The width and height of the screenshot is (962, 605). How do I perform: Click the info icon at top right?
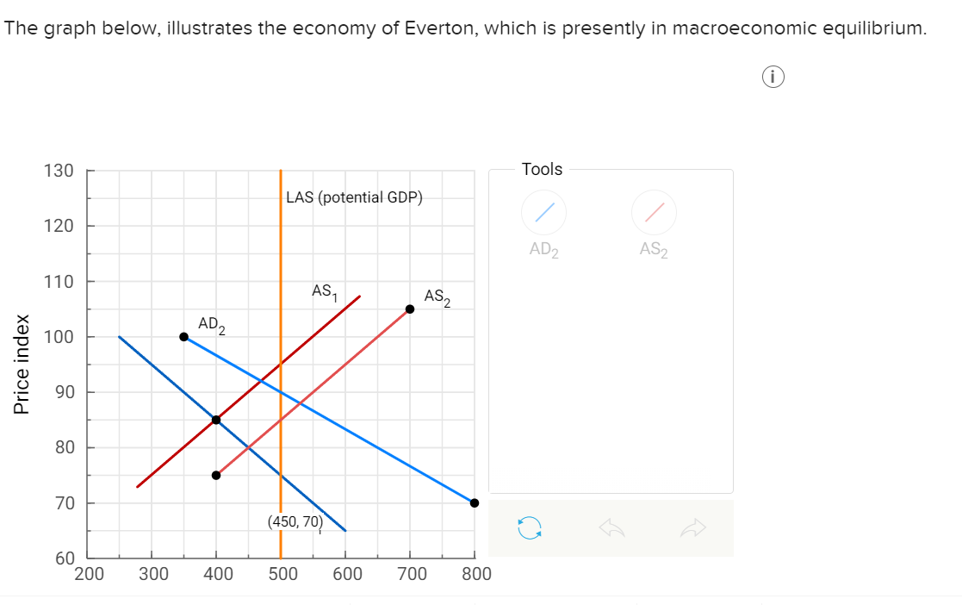click(773, 78)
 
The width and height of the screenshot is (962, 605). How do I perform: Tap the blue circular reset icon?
click(530, 527)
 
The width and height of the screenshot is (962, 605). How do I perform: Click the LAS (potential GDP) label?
click(354, 197)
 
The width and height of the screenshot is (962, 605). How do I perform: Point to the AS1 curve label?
click(324, 291)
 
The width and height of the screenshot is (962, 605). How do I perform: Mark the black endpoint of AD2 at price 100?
click(183, 337)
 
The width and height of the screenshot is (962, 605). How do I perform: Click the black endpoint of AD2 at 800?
click(475, 503)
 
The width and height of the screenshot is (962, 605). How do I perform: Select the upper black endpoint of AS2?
click(410, 309)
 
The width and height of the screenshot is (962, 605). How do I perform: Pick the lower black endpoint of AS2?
click(216, 475)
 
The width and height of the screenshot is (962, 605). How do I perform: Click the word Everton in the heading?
click(433, 28)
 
